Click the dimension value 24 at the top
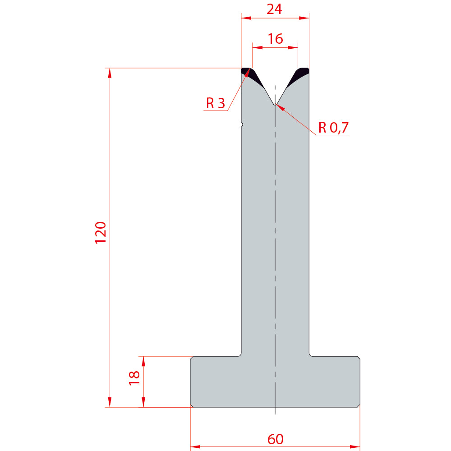274,9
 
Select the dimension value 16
275,39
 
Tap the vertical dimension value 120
101,233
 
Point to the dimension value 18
134,378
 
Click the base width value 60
275,439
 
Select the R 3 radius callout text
216,103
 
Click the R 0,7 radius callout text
333,128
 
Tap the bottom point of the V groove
275,105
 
